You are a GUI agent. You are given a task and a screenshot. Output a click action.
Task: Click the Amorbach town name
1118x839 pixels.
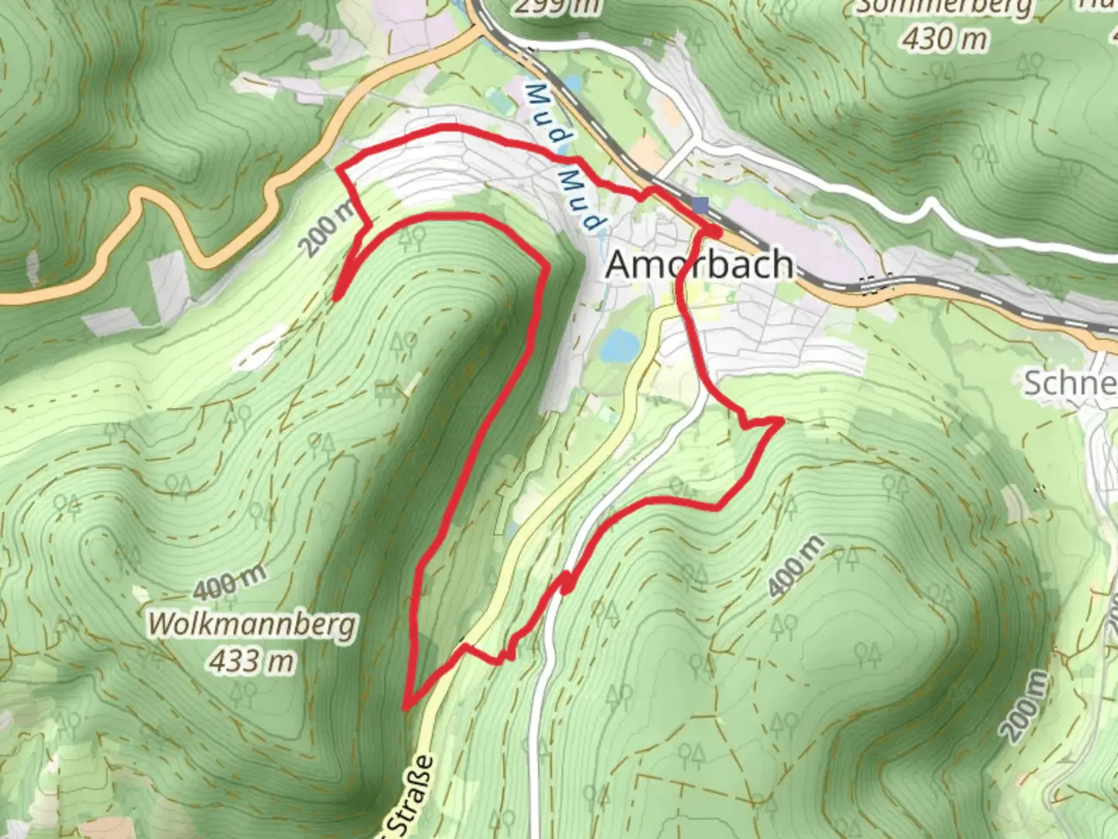[699, 265]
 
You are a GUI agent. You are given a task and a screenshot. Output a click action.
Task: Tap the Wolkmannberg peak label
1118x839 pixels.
[252, 625]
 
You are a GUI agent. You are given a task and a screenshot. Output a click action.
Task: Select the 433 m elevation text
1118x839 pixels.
[251, 661]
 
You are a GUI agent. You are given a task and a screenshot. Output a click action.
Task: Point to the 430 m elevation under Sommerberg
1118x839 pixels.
[945, 37]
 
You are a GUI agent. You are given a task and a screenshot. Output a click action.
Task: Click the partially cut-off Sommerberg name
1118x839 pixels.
[944, 8]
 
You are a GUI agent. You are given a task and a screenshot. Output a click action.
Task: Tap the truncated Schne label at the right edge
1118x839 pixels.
[1070, 383]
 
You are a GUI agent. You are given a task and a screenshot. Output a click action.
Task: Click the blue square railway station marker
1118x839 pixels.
[701, 205]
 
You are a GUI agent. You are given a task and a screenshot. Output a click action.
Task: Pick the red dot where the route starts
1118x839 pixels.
[712, 232]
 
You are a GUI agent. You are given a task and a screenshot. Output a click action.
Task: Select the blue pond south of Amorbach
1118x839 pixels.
[620, 346]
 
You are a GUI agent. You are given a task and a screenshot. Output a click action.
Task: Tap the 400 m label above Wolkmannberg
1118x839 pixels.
[230, 582]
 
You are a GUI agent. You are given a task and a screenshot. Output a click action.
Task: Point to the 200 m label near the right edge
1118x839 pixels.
[1024, 707]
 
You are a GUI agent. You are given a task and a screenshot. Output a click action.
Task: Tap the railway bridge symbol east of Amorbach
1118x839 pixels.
[874, 284]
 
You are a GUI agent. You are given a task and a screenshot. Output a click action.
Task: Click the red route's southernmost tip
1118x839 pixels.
[405, 707]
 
